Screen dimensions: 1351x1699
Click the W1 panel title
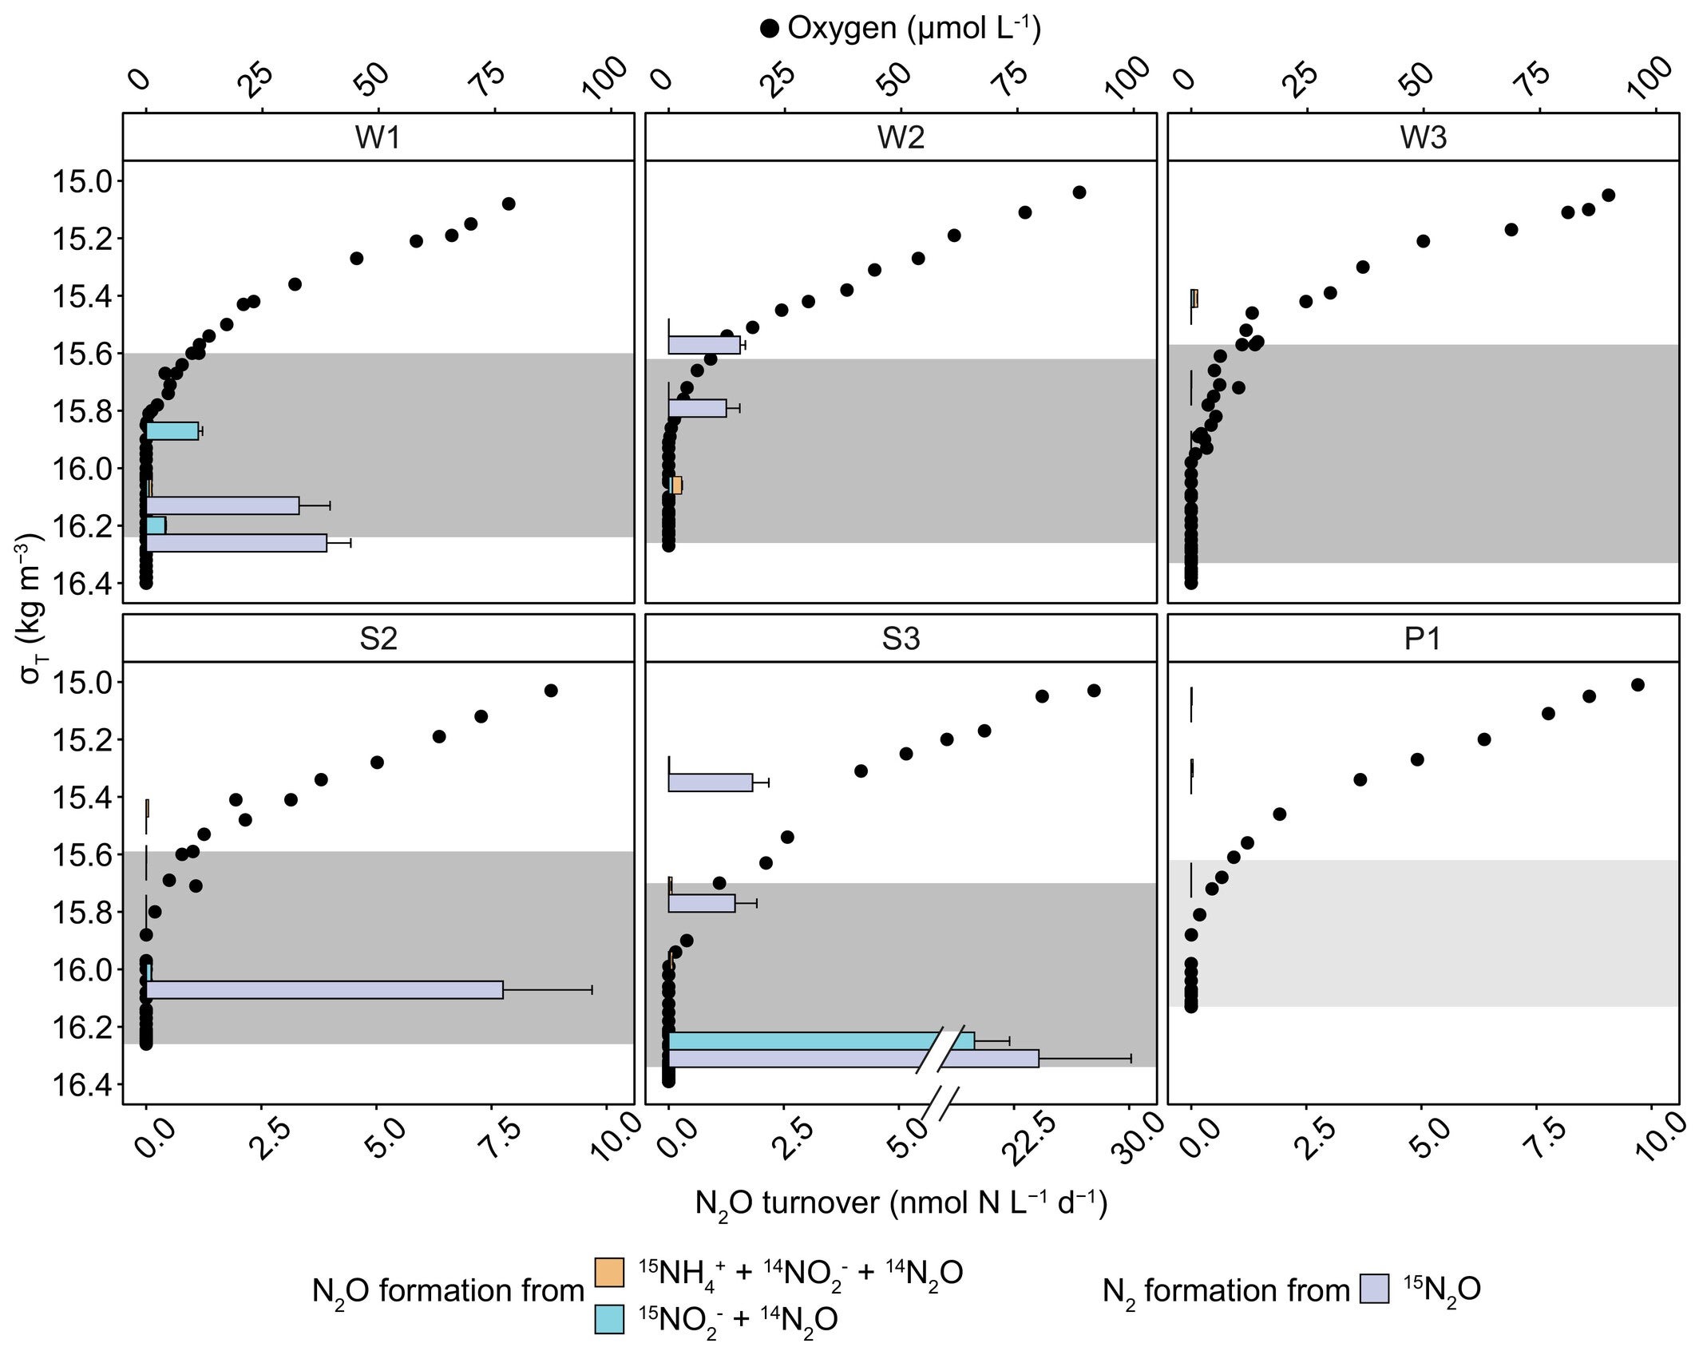click(x=378, y=137)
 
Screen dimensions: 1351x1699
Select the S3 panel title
click(x=901, y=639)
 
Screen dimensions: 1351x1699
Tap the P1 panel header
click(x=1423, y=639)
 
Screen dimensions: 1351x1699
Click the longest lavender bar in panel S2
click(x=324, y=989)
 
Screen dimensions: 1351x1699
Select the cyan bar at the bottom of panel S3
click(x=798, y=1040)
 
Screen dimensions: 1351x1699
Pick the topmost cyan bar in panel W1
click(x=172, y=430)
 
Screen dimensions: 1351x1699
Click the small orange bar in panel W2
click(x=677, y=485)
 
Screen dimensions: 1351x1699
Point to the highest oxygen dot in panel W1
click(x=509, y=204)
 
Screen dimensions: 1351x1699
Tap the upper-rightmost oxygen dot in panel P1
click(x=1638, y=684)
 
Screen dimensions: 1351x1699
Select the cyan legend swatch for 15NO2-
click(x=609, y=1319)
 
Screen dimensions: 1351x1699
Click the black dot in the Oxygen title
click(x=770, y=30)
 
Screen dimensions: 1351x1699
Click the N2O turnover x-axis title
click(x=901, y=1202)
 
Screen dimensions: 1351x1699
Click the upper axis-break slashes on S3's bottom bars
click(x=943, y=1048)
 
